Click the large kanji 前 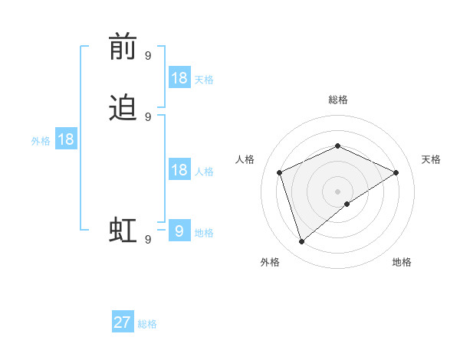[123, 47]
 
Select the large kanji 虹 [123, 229]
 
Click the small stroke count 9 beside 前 [148, 56]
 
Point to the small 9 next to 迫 [148, 116]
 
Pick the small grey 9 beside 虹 [148, 239]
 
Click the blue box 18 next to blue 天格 [179, 78]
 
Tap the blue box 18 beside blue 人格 [179, 170]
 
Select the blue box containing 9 [179, 231]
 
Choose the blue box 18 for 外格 [65, 139]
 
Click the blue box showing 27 [123, 322]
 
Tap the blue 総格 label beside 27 [147, 324]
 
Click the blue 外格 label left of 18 [41, 140]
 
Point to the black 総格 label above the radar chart [337, 100]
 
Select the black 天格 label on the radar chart [431, 159]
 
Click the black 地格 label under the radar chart [402, 262]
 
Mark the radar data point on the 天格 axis [396, 172]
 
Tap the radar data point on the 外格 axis [302, 242]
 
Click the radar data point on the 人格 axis [280, 172]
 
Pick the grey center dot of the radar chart [337, 191]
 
